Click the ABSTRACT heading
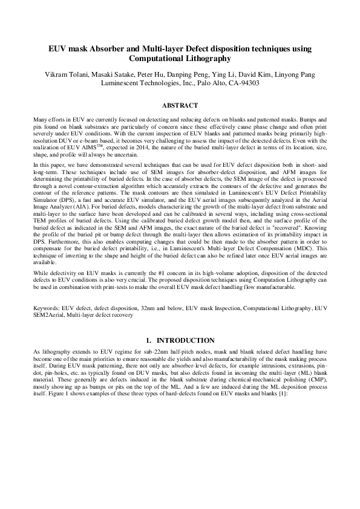(x=180, y=104)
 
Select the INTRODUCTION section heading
(x=185, y=341)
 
